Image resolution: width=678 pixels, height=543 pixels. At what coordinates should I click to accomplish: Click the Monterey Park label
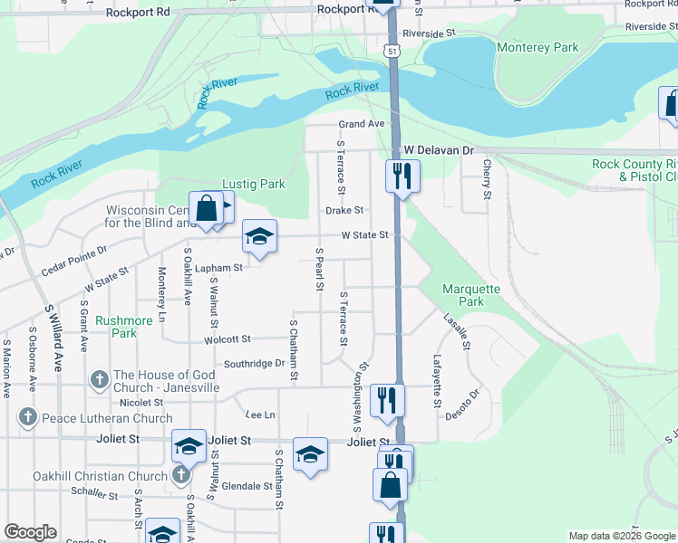(538, 46)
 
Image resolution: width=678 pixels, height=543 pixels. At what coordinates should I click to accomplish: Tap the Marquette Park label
(470, 295)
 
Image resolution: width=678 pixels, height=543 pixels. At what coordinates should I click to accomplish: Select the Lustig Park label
(254, 184)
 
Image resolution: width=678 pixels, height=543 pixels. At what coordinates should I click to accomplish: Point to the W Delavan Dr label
(439, 149)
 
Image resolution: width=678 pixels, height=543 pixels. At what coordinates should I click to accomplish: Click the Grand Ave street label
(362, 124)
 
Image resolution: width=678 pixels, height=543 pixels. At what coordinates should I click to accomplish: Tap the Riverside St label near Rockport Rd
(429, 33)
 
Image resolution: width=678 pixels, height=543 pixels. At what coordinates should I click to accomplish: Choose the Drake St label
(344, 210)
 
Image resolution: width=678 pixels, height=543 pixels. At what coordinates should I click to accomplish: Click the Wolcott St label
(228, 339)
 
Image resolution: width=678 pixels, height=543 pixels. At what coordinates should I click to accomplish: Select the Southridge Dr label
(255, 364)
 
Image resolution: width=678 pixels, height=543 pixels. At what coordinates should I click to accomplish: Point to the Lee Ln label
(259, 414)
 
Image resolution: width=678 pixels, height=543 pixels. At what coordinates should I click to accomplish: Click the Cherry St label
(487, 179)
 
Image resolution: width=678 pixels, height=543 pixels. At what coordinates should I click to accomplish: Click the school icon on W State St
(259, 237)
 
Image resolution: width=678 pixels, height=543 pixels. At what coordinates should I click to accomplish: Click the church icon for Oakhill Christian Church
(180, 476)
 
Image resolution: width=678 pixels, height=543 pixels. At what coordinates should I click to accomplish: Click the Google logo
(31, 532)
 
